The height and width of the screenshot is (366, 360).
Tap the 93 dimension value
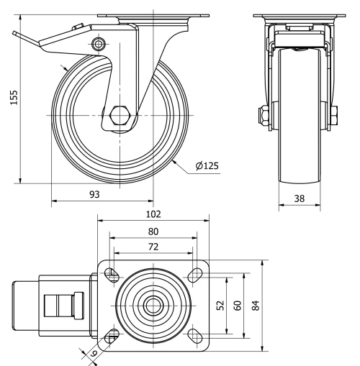pos(94,194)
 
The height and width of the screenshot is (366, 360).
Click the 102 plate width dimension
pos(153,214)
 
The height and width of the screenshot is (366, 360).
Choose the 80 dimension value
pos(153,232)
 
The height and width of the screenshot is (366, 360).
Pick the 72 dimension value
pos(153,247)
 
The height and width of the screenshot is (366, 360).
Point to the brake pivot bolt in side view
pos(99,45)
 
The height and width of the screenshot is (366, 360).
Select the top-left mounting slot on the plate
pos(112,274)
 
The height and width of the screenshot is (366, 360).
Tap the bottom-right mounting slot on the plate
pos(193,334)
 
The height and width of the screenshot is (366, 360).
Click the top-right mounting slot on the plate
pos(193,274)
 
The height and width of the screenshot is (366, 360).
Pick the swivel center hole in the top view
pos(152,304)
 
